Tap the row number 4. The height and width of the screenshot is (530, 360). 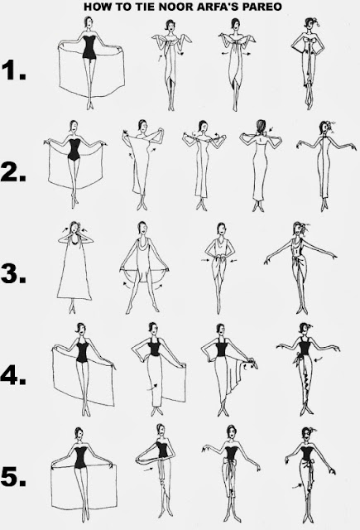click(13, 374)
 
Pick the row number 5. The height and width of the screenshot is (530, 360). click(13, 476)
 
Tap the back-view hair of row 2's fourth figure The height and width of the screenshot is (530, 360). click(261, 127)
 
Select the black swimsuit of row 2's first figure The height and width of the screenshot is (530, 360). click(74, 149)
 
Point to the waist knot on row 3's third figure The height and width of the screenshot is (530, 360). click(220, 260)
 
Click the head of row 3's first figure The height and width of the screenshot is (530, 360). click(74, 229)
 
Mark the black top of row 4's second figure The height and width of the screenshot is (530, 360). click(155, 347)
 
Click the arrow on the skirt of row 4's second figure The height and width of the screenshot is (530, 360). click(152, 387)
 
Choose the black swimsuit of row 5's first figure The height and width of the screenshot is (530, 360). click(80, 457)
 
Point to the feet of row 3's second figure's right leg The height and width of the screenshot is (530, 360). click(156, 308)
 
